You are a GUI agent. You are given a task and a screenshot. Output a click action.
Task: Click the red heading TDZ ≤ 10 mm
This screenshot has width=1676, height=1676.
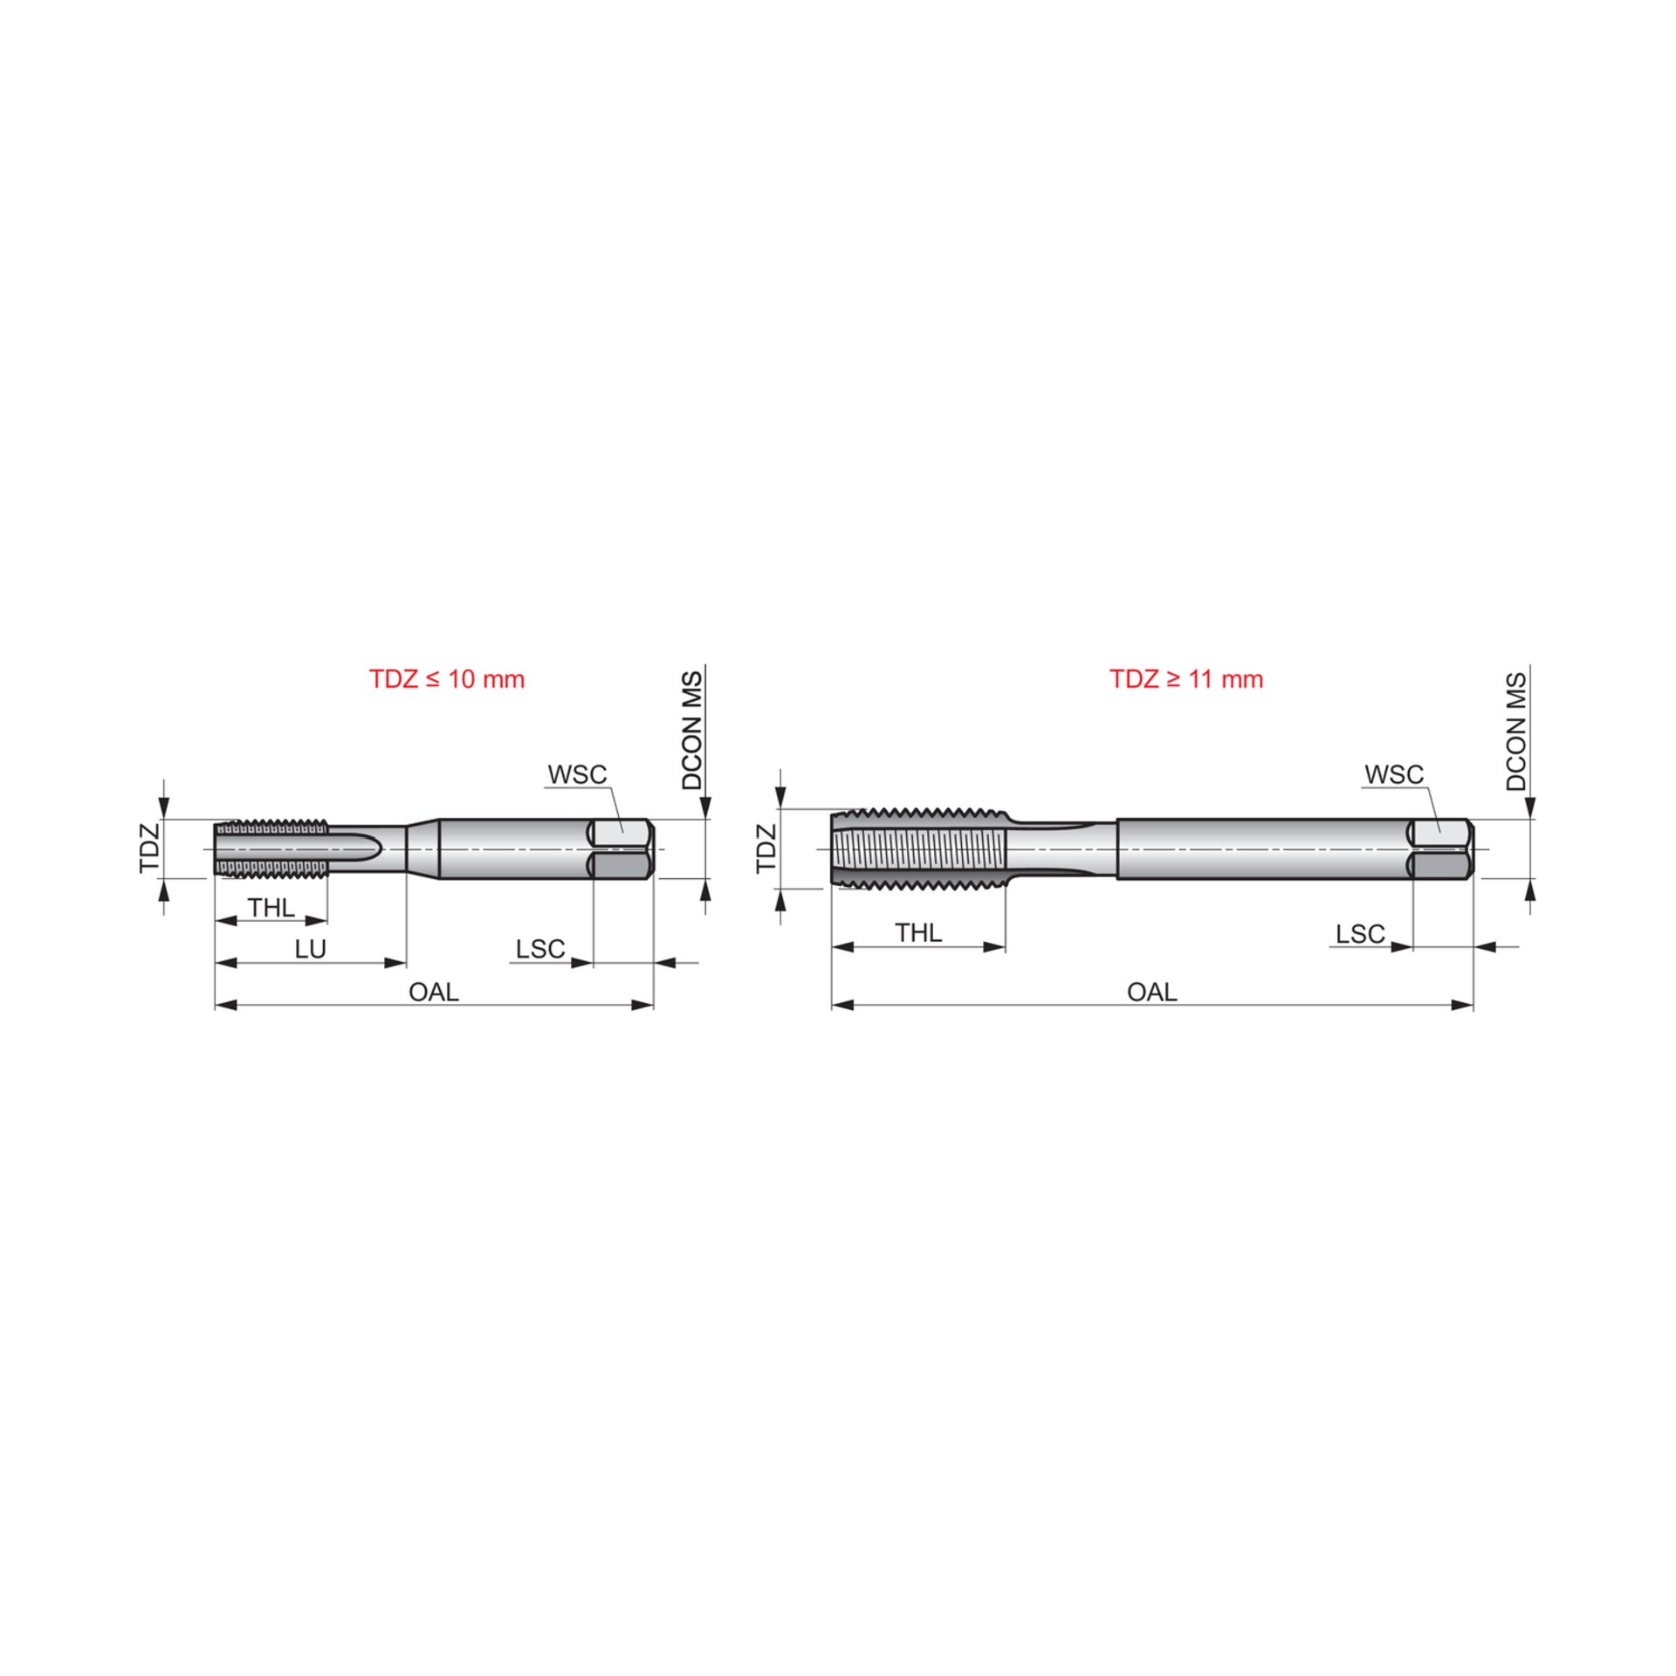coord(446,679)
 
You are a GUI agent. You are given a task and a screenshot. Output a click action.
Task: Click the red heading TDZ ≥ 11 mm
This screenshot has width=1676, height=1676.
coord(1186,679)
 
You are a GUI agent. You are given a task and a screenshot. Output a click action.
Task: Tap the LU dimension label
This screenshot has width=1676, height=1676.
coord(310,949)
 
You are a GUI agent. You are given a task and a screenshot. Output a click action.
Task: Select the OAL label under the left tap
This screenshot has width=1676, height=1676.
coord(433,992)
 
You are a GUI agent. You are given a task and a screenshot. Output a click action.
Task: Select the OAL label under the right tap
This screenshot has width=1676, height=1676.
coord(1151,992)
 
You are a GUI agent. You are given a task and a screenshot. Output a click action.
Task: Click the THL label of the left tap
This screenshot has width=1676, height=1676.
coord(271,908)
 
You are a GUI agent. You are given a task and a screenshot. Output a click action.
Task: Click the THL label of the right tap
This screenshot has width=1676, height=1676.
coord(918,933)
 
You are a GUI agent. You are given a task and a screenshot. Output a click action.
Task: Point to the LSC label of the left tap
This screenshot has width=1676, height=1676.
coord(539,949)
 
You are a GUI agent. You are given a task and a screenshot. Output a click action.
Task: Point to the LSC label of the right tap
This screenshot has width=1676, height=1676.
coord(1360,934)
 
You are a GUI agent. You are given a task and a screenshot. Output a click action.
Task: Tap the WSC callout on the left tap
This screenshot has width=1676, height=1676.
coord(577,774)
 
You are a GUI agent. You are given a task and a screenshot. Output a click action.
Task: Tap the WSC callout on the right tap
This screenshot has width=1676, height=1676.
coord(1394,774)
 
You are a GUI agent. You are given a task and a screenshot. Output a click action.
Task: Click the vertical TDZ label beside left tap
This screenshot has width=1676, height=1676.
coord(150,848)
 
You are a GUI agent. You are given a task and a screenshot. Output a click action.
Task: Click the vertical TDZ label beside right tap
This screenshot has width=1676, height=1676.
coord(766,848)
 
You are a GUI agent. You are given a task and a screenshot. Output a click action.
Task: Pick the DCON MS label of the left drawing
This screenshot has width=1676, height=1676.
coord(691,731)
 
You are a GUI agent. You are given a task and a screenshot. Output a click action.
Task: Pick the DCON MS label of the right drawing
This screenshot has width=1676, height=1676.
coord(1516,732)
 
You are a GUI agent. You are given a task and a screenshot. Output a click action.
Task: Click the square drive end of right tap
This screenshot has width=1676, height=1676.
coord(1441,848)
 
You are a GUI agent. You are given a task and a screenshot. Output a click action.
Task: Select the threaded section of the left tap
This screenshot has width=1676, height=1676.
coord(271,848)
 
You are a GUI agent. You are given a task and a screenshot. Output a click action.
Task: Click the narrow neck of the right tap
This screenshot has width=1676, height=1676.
coord(1061,848)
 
